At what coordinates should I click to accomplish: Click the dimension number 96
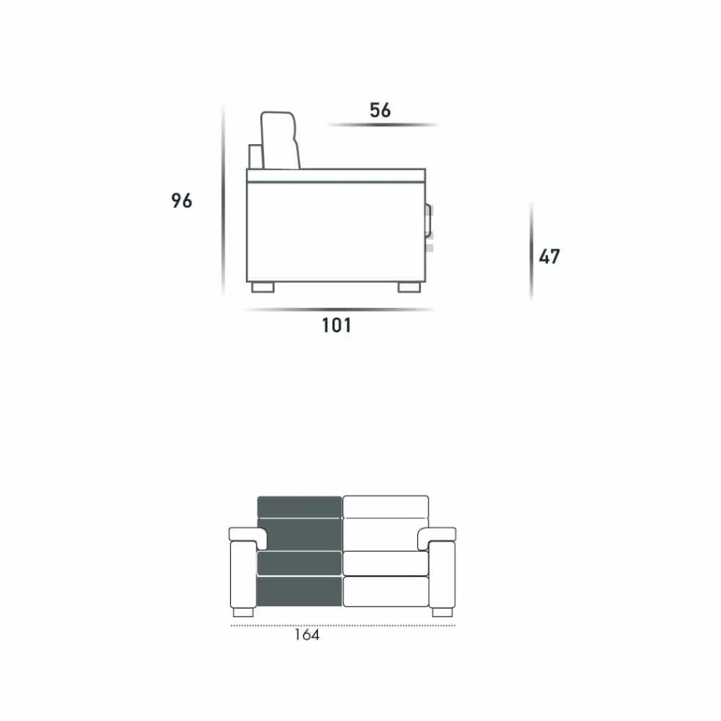[x=181, y=200]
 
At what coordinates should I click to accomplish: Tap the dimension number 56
[x=380, y=110]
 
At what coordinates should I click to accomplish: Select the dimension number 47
[x=549, y=257]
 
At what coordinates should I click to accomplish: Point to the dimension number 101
[x=336, y=325]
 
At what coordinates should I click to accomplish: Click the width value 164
[x=307, y=634]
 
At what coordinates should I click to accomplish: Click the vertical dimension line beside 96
[x=223, y=200]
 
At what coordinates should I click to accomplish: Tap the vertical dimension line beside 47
[x=531, y=251]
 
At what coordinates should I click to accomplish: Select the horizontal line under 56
[x=383, y=124]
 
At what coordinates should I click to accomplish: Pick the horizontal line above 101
[x=338, y=310]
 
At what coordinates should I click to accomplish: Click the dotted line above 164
[x=343, y=625]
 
